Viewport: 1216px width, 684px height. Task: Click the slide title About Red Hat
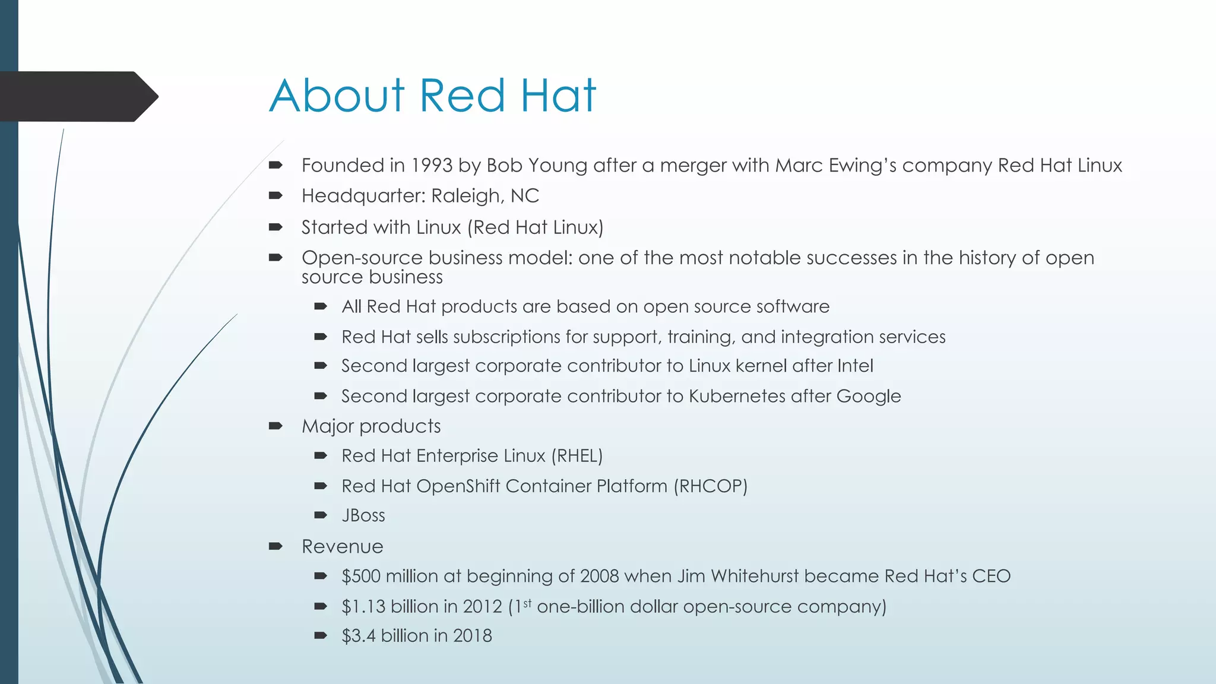tap(432, 96)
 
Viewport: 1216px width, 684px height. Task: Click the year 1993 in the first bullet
tap(432, 165)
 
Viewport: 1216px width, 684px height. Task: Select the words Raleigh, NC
tap(484, 196)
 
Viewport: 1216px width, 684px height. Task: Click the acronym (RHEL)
tap(577, 456)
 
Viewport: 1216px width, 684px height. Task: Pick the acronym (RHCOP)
tap(710, 486)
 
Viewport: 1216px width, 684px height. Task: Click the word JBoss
tap(363, 515)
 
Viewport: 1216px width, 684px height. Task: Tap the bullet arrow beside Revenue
tap(275, 546)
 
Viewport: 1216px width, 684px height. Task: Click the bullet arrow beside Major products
tap(275, 426)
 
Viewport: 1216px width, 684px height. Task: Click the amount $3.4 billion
tap(387, 636)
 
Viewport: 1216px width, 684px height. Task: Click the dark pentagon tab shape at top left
tap(77, 96)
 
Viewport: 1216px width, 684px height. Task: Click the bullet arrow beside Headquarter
tap(275, 195)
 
